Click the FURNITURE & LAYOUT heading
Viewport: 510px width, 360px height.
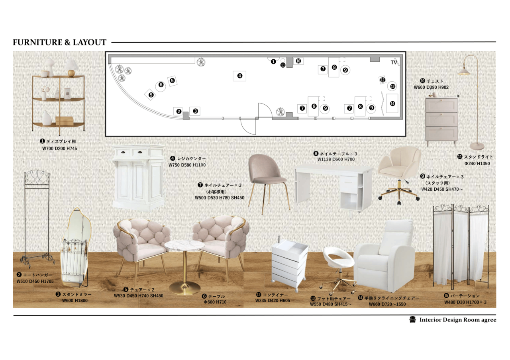coord(59,42)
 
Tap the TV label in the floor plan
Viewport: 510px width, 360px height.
coord(394,63)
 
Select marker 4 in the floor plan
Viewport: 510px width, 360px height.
coord(239,76)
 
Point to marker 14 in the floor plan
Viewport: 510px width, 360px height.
coord(392,104)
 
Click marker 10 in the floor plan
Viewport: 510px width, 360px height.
coord(298,61)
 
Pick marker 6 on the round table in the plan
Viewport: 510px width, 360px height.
coord(161,85)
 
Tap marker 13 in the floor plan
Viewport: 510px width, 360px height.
coord(392,86)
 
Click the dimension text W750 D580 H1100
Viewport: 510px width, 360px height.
coord(187,165)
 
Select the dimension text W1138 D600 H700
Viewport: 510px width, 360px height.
coord(336,159)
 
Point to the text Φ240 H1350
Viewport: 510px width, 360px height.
coord(477,163)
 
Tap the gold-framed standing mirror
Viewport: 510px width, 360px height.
coord(76,248)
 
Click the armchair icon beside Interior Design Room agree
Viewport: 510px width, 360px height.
coord(412,320)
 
